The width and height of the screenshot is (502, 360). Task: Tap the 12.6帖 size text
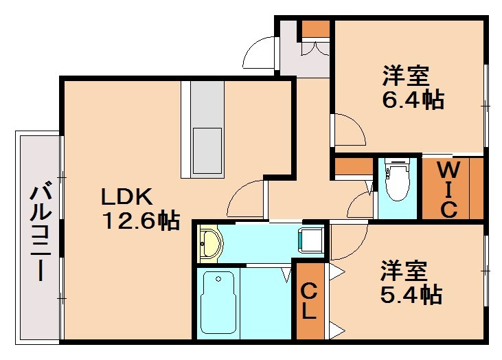(x=141, y=221)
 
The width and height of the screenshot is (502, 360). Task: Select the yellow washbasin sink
(x=210, y=242)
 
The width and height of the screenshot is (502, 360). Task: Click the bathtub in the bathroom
(x=218, y=302)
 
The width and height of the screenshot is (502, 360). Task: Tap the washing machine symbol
(x=310, y=240)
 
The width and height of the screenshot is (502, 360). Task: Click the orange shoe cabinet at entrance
(x=316, y=29)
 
